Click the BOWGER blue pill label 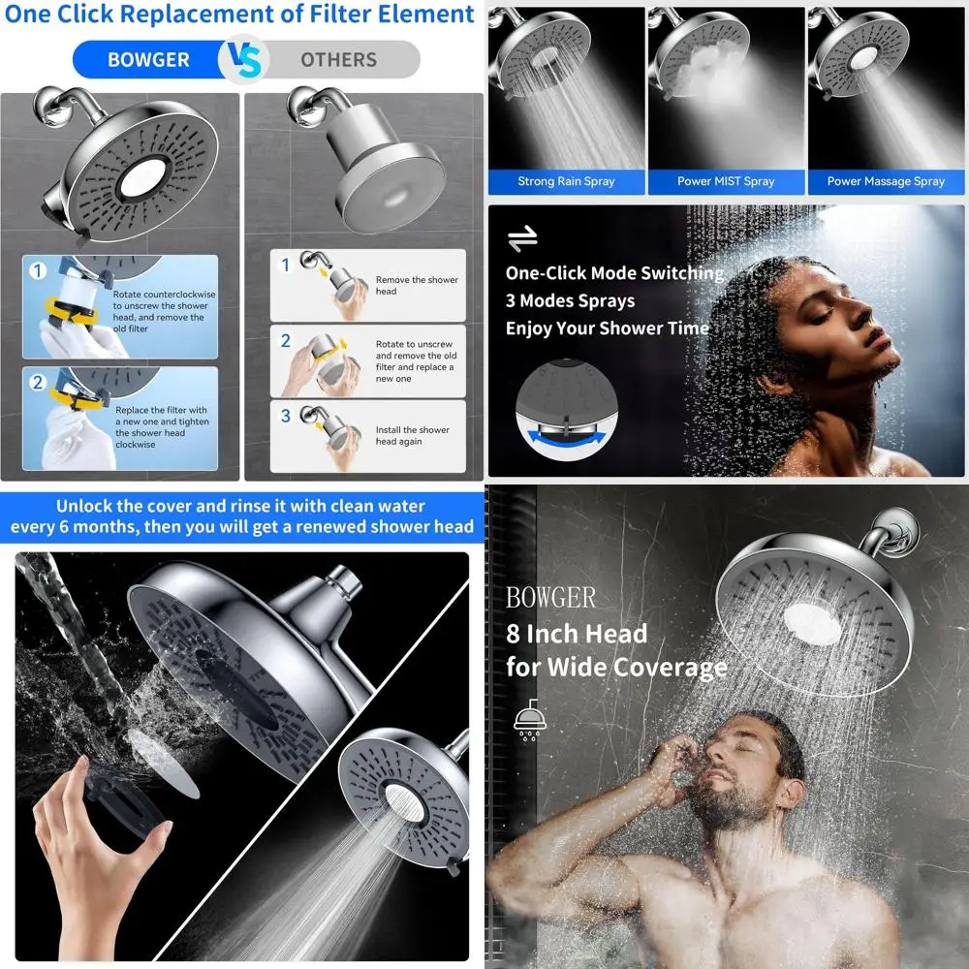tap(148, 60)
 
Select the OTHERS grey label tap(338, 60)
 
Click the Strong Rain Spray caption tap(566, 181)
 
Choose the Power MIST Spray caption tap(726, 181)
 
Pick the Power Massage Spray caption tap(886, 181)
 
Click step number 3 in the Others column tap(286, 417)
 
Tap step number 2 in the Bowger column tap(38, 383)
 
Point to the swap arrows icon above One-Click tap(522, 238)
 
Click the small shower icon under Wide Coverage tap(528, 721)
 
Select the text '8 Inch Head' tap(576, 635)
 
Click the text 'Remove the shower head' tap(417, 285)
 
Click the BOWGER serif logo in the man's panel tap(550, 598)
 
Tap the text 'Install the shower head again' tap(413, 436)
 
